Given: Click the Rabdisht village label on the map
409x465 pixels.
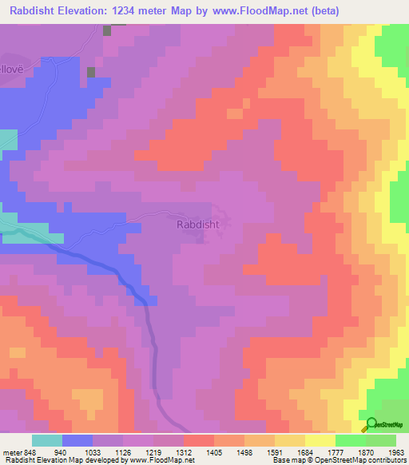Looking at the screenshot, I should click(197, 225).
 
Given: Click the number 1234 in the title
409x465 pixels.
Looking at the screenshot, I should click(142, 11).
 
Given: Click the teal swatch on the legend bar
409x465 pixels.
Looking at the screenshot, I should click(47, 440).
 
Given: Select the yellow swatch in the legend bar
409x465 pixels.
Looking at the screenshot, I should click(320, 440).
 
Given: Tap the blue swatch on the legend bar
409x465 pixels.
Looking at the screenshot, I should click(77, 440).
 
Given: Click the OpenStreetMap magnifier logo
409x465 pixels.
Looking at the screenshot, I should click(371, 424).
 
